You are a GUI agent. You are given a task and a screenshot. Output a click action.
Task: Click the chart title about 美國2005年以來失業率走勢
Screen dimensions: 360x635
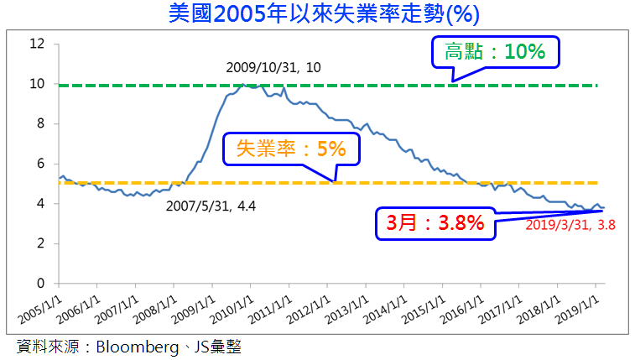tap(316, 14)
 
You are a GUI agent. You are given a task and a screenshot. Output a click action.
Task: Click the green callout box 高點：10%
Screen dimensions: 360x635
tap(495, 51)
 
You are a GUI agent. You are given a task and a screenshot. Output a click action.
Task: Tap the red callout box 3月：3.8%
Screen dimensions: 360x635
tap(435, 223)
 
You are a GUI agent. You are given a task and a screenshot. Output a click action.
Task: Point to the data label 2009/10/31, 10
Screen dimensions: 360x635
tap(273, 65)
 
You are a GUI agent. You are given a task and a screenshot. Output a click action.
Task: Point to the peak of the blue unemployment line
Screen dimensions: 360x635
tap(243, 84)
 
